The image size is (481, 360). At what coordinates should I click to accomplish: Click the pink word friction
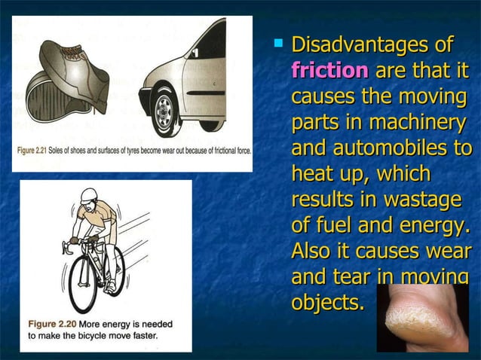[329, 71]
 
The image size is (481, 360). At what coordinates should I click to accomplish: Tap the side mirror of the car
[195, 53]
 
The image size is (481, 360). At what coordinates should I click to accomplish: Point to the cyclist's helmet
[88, 194]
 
